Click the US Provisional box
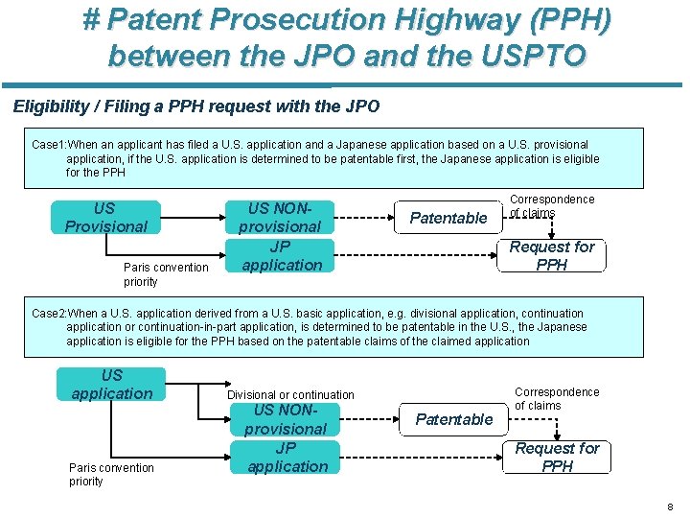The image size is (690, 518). (105, 218)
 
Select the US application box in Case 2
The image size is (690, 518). (111, 385)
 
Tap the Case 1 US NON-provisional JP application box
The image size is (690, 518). (281, 236)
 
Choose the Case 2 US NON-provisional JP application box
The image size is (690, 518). (287, 438)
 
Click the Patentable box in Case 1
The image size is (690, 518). (448, 218)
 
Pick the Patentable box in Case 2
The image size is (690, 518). (454, 419)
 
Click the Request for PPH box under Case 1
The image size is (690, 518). (552, 255)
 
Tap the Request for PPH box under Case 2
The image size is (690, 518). (557, 457)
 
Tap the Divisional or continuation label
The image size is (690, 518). (290, 394)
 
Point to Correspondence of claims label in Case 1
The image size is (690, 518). (551, 205)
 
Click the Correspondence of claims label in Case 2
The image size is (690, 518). (556, 398)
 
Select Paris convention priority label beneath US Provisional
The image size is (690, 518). (165, 274)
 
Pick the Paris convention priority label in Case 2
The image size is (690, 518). (110, 474)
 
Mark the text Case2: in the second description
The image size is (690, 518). (49, 314)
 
